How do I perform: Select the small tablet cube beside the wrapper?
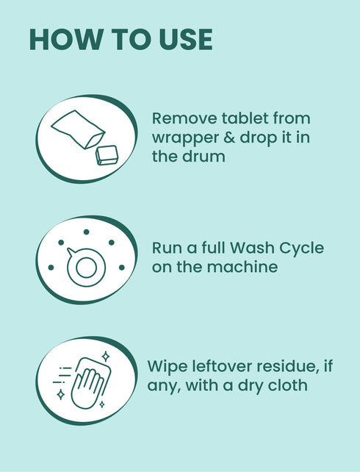click(107, 154)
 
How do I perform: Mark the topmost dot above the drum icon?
click(86, 232)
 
